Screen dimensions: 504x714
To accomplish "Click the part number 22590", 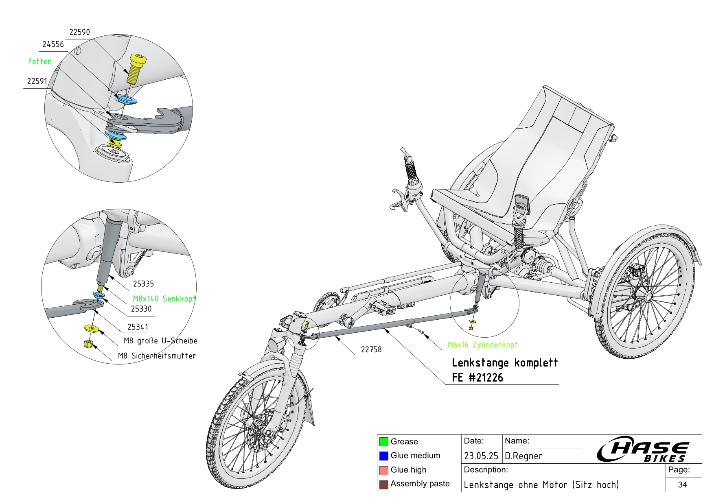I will click(79, 32).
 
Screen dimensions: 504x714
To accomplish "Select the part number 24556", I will click(53, 44).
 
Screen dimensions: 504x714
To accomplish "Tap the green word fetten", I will click(40, 61).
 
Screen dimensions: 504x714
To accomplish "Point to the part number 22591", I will click(37, 81).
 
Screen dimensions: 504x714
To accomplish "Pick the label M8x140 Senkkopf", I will click(164, 299).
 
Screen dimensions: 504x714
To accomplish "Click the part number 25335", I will click(143, 284).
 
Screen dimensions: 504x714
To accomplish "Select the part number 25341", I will click(138, 327).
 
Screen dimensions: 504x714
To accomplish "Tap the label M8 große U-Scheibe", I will click(160, 341).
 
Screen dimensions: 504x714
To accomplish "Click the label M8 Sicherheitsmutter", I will click(157, 356).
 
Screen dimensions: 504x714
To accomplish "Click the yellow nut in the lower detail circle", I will click(88, 344).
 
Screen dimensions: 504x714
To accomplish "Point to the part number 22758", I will click(371, 349).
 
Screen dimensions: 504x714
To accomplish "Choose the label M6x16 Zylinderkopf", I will click(482, 345).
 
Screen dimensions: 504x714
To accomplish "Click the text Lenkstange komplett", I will click(505, 362).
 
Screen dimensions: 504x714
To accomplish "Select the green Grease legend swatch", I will click(383, 442).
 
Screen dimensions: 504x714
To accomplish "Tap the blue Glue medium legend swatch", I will click(383, 456).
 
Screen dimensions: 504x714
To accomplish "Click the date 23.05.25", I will click(481, 456).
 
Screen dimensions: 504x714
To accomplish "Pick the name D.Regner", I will click(523, 456).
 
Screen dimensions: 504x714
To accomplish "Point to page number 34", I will click(683, 484).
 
